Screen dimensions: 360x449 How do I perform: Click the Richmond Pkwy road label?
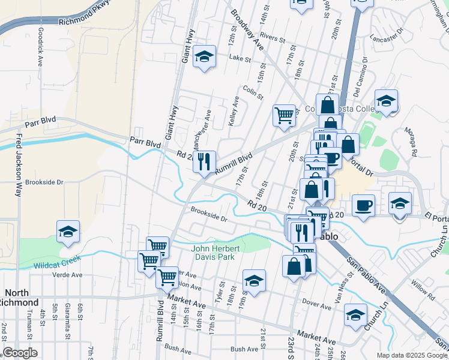point(85,19)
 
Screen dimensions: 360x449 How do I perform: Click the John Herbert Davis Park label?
point(213,253)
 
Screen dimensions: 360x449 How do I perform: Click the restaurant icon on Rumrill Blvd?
point(204,162)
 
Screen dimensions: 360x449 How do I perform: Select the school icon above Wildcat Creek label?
point(68,232)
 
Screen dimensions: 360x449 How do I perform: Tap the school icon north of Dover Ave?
point(254,281)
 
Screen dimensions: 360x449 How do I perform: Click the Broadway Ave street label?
point(247,32)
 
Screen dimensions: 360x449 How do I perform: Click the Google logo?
point(20,352)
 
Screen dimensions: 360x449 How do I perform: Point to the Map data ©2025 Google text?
point(411,355)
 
